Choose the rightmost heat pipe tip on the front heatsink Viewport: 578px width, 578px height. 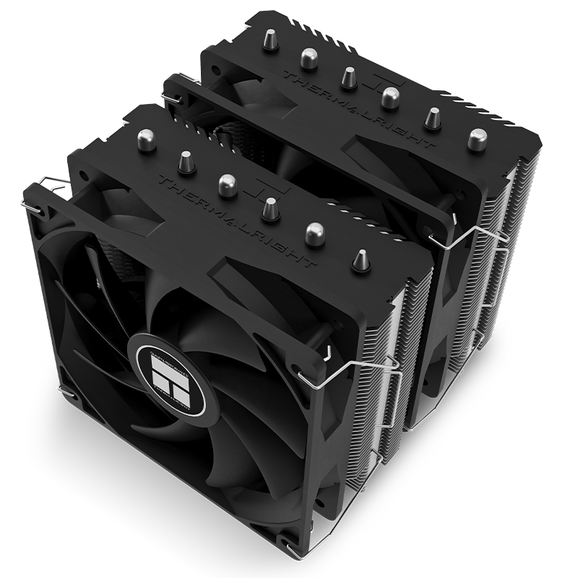[x=359, y=261]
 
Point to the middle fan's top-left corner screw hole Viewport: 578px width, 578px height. [x=178, y=95]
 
